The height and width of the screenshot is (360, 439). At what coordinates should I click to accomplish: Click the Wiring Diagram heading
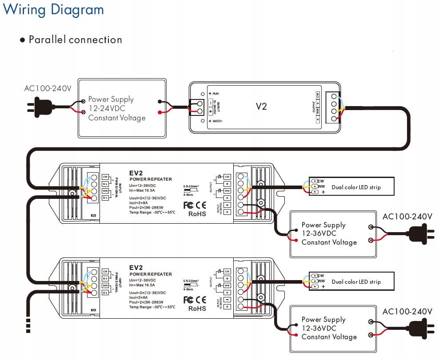[53, 9]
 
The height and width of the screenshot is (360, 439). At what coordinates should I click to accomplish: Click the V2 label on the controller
[261, 107]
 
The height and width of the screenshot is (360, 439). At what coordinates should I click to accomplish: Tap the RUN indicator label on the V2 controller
[216, 94]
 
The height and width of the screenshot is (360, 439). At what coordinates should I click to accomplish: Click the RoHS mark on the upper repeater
[197, 214]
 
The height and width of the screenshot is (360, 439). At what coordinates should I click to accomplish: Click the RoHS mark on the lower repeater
[197, 308]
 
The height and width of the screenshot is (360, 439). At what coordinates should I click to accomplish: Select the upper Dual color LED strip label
[356, 187]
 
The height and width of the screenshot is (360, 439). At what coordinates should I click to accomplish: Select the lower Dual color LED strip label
[356, 281]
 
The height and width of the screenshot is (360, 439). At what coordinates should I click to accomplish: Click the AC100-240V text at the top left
[48, 88]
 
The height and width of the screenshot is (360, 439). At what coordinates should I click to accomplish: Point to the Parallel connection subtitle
[75, 40]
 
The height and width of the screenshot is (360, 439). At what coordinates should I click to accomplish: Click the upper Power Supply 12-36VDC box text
[329, 233]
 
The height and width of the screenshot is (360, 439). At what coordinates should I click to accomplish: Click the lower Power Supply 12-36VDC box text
[329, 328]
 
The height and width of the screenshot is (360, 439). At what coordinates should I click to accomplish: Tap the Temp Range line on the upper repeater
[152, 212]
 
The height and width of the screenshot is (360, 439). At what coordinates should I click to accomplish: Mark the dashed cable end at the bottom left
[28, 325]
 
